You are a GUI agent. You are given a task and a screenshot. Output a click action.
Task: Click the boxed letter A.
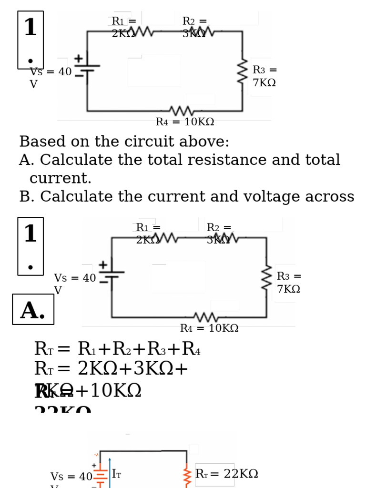[33, 310]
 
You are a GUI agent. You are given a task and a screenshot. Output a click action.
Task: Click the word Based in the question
[40, 142]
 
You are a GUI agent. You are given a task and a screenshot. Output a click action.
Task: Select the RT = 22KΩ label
[227, 474]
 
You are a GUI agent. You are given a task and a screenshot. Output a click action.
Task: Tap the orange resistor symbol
[187, 477]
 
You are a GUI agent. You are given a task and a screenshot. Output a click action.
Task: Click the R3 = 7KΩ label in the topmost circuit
[264, 76]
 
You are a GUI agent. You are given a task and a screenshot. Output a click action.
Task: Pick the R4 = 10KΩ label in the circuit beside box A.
[209, 328]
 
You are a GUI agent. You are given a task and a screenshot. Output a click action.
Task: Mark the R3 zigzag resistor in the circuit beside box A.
[266, 277]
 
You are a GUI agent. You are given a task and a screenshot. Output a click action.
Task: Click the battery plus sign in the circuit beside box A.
[102, 264]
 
